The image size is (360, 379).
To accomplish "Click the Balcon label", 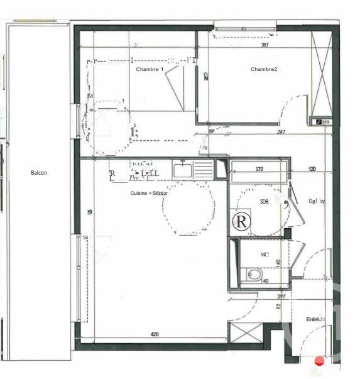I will click(38, 172).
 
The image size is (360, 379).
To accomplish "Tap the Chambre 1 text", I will click(150, 69).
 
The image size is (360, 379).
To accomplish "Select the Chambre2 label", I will click(264, 69).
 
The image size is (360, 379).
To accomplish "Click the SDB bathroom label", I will click(265, 202).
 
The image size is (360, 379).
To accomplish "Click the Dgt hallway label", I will click(317, 202).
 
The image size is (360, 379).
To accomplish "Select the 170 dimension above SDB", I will click(259, 169).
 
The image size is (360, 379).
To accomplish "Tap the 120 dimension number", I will click(312, 169).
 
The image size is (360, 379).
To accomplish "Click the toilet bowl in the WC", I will click(253, 275).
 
